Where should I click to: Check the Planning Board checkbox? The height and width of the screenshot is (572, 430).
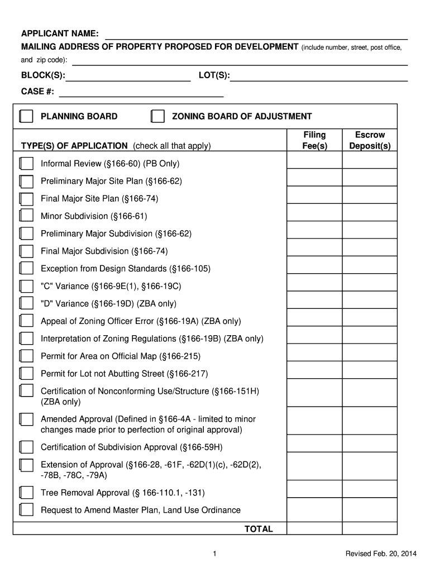pyautogui.click(x=26, y=116)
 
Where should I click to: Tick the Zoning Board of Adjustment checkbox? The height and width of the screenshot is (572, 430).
pyautogui.click(x=158, y=116)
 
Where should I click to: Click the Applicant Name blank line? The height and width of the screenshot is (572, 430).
pyautogui.click(x=257, y=35)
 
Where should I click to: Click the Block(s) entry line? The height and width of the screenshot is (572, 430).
pyautogui.click(x=128, y=77)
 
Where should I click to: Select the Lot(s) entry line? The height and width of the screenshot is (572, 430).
pyautogui.click(x=319, y=77)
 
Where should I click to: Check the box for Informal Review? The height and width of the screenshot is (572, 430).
pyautogui.click(x=26, y=164)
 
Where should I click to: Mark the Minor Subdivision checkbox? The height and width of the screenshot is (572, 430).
pyautogui.click(x=26, y=216)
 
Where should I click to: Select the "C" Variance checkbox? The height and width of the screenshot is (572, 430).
pyautogui.click(x=26, y=286)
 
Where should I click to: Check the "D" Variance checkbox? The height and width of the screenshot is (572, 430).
pyautogui.click(x=26, y=303)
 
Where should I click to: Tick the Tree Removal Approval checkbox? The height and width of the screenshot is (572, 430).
pyautogui.click(x=26, y=492)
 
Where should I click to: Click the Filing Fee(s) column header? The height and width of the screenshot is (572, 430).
pyautogui.click(x=314, y=140)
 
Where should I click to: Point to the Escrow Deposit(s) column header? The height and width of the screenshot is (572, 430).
pyautogui.click(x=370, y=140)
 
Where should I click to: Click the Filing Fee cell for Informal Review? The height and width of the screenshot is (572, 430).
pyautogui.click(x=314, y=160)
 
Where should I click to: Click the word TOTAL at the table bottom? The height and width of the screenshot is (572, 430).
pyautogui.click(x=259, y=528)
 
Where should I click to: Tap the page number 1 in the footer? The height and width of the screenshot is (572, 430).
pyautogui.click(x=214, y=554)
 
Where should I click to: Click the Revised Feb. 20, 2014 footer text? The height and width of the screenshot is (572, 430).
pyautogui.click(x=380, y=554)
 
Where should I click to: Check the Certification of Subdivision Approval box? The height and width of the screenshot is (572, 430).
pyautogui.click(x=26, y=447)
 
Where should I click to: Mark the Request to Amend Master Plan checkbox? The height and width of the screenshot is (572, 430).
pyautogui.click(x=26, y=509)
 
